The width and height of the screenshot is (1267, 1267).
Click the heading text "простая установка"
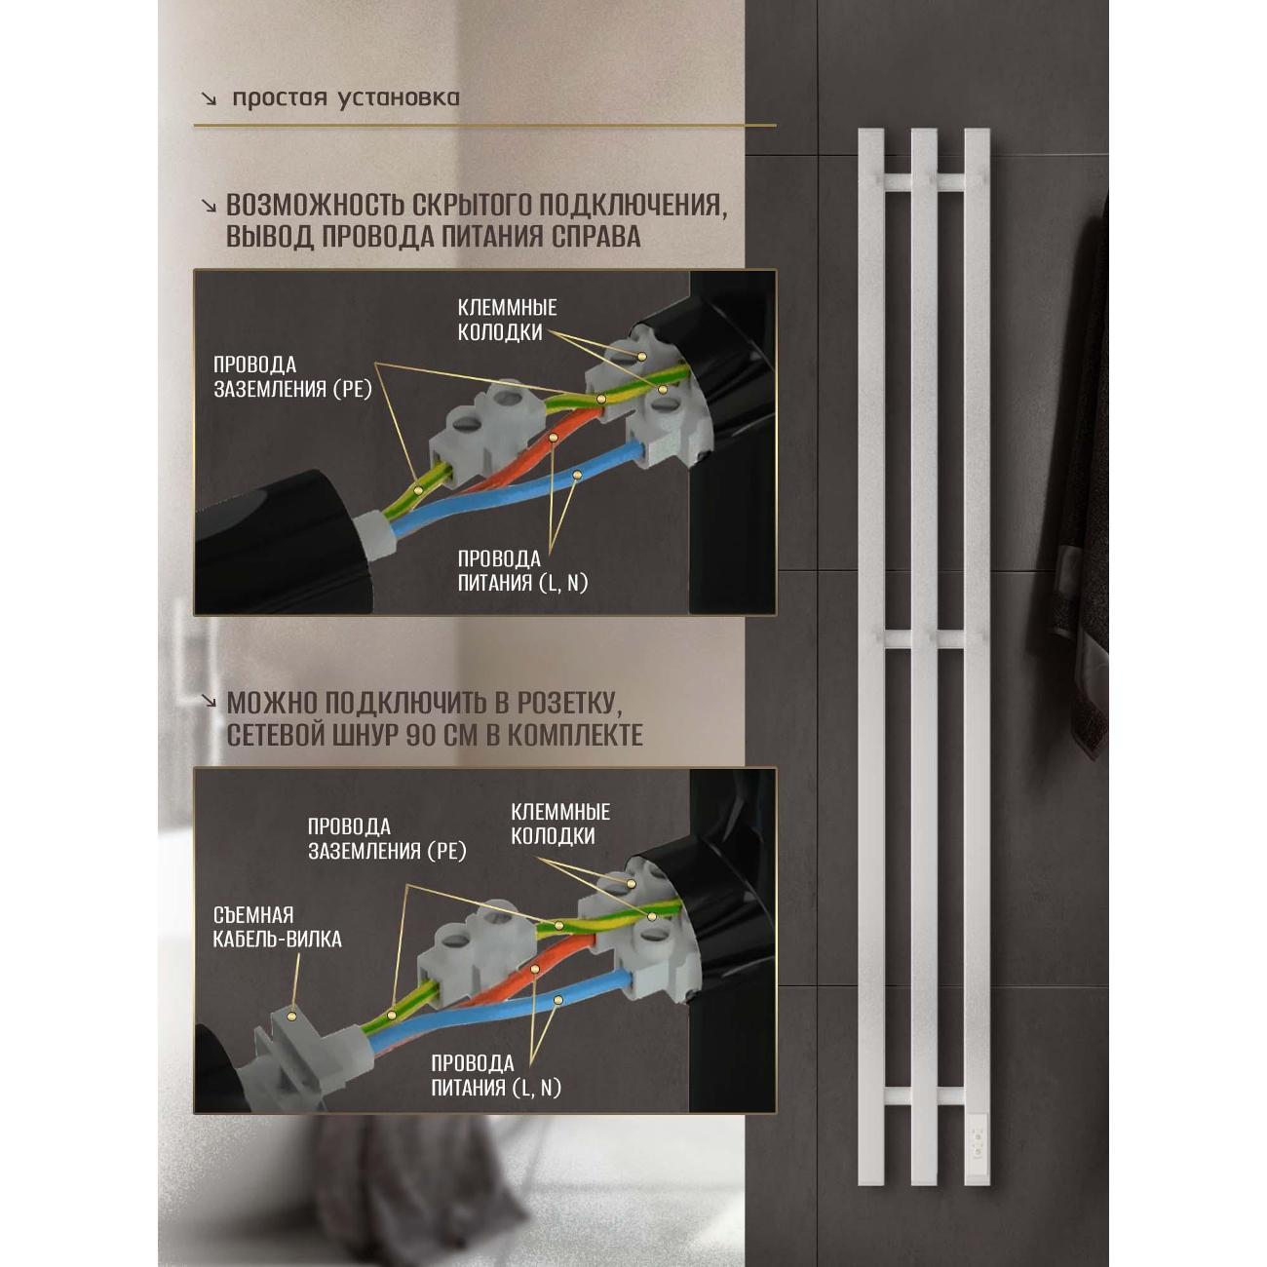[x=346, y=98]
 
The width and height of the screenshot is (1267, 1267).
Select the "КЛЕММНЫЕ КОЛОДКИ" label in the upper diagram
[x=507, y=321]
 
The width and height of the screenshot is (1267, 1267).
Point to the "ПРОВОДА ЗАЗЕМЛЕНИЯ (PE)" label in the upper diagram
[x=292, y=377]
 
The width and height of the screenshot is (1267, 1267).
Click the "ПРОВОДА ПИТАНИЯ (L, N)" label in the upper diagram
[x=522, y=571]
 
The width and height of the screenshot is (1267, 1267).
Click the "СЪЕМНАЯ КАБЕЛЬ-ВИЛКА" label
[x=278, y=927]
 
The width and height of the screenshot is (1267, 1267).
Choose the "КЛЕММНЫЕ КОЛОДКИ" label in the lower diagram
[x=560, y=824]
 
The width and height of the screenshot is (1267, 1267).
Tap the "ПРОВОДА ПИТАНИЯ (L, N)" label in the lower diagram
[x=496, y=1075]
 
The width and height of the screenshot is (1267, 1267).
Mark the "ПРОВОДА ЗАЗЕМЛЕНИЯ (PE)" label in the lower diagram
[x=387, y=838]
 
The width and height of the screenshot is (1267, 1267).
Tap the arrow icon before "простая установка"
[x=210, y=99]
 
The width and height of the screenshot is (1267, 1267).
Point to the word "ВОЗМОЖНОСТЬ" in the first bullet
[x=316, y=206]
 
